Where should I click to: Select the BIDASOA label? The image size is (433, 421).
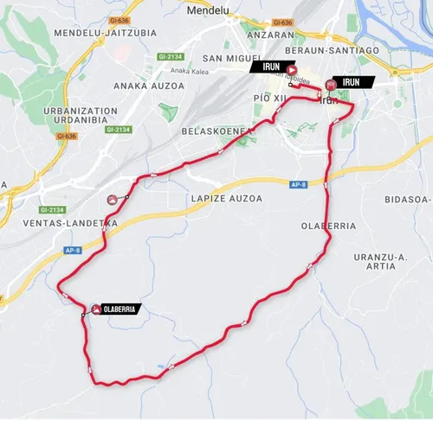pos(406,199)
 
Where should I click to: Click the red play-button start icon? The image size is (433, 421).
pos(292,71)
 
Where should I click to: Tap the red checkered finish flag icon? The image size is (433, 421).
pos(330,85)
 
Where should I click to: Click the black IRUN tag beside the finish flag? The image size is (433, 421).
pos(355,82)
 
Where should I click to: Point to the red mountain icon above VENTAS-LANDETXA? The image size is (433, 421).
pos(112,200)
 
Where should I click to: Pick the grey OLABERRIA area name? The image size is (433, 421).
pos(328,226)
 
